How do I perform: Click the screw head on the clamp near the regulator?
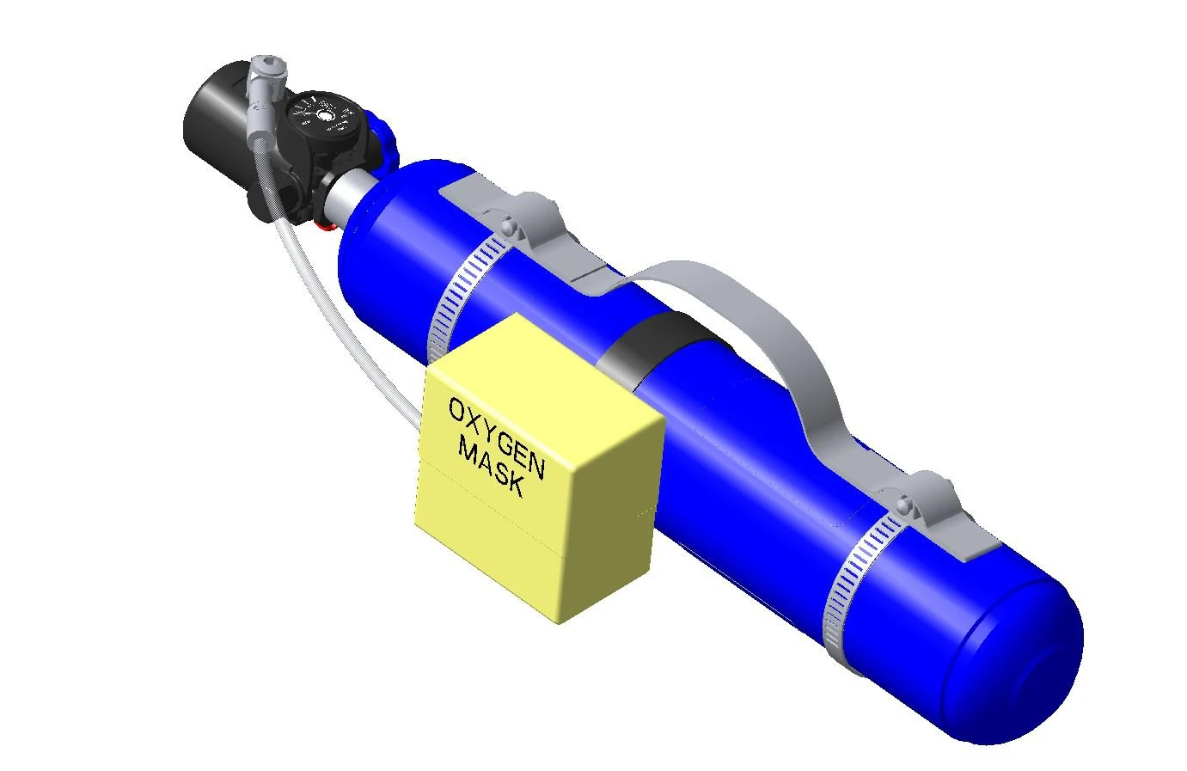[x=507, y=227]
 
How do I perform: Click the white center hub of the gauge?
[x=325, y=115]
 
